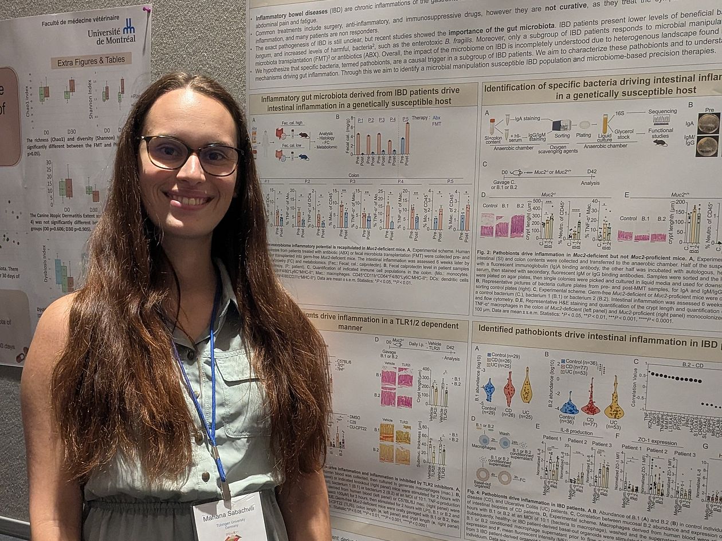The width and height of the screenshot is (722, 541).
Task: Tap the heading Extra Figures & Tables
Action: pyautogui.click(x=92, y=61)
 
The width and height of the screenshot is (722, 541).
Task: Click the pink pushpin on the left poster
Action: pyautogui.click(x=147, y=10)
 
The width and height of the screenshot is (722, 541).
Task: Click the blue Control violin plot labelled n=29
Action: pyautogui.click(x=489, y=390)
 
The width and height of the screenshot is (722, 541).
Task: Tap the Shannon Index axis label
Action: pyautogui.click(x=90, y=98)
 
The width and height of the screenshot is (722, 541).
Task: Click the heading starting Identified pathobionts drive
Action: pyautogui.click(x=596, y=329)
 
